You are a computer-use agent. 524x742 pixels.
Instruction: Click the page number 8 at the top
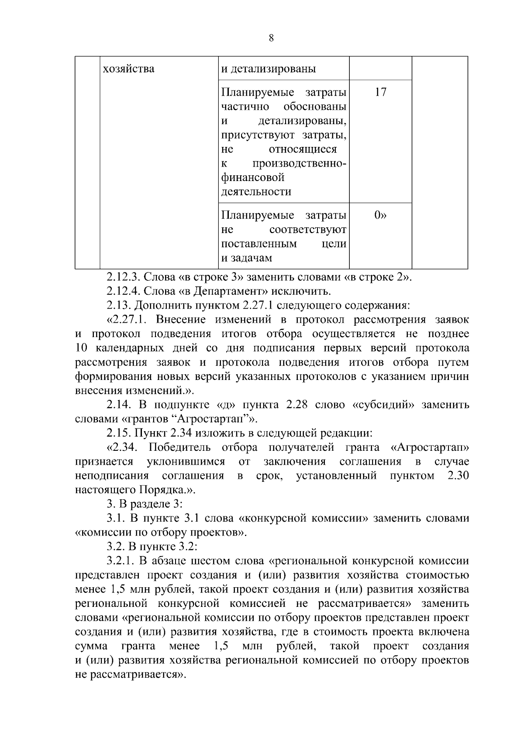click(x=271, y=38)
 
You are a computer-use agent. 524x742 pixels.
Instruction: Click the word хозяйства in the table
click(x=128, y=69)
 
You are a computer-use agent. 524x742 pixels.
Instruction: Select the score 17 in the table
click(x=380, y=92)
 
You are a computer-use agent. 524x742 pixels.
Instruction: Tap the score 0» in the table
click(x=380, y=215)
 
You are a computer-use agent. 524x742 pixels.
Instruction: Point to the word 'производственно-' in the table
click(x=299, y=164)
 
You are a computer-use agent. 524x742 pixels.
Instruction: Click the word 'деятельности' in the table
click(x=256, y=192)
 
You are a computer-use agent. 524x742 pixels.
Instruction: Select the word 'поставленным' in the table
click(x=259, y=244)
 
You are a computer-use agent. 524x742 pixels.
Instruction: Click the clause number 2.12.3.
click(x=123, y=277)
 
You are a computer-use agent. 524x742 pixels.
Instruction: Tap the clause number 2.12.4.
click(x=123, y=291)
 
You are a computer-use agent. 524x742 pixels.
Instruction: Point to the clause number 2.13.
click(x=118, y=305)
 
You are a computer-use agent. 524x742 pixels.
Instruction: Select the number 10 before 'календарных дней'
click(x=82, y=348)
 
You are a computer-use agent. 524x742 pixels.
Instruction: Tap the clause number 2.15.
click(x=118, y=433)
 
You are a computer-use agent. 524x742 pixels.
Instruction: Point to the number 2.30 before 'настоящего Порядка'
click(x=458, y=476)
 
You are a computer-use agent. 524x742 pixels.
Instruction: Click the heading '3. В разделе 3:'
click(x=145, y=504)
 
